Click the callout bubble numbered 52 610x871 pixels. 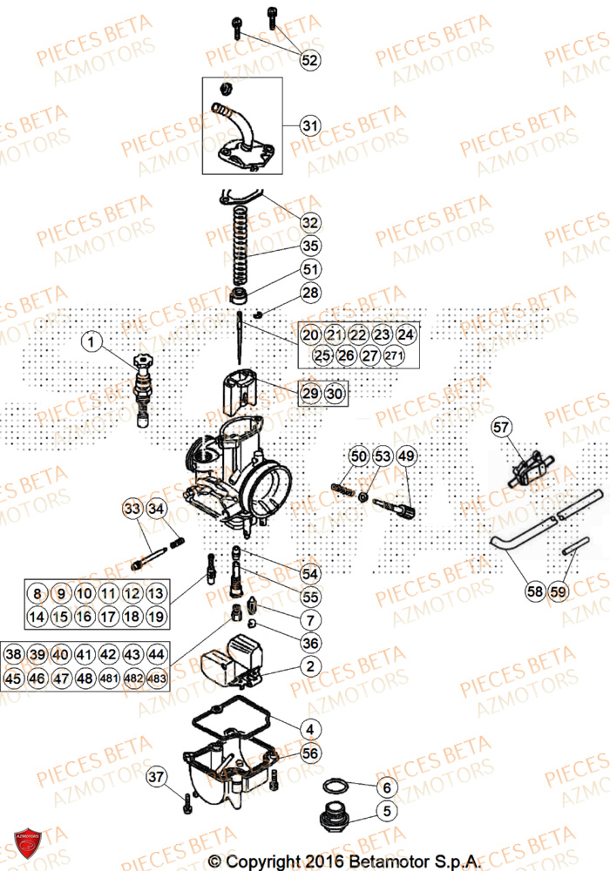pos(310,60)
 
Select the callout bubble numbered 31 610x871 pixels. pos(310,126)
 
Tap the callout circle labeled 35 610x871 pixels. pos(311,246)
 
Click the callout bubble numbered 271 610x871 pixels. pos(395,355)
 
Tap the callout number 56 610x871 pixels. pos(310,753)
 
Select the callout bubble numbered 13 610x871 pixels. pos(155,594)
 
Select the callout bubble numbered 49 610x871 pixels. pos(406,456)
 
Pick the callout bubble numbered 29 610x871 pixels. pos(310,394)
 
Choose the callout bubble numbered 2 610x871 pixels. pos(310,667)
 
